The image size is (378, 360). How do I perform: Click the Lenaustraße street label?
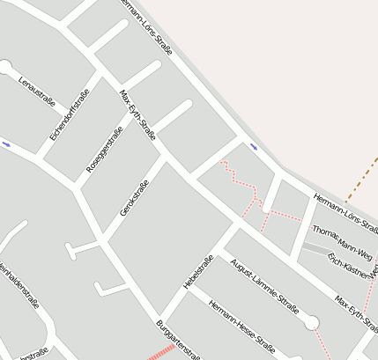[37, 92]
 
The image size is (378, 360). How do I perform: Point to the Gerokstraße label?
[134, 198]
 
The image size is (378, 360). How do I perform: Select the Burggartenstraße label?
[179, 339]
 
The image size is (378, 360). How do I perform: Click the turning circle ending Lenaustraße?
[5, 67]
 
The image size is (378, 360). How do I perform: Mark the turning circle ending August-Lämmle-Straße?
[311, 324]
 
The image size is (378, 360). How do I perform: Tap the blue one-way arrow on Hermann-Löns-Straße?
[254, 146]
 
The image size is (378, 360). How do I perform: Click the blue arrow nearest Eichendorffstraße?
[7, 143]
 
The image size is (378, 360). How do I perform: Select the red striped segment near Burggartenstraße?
[159, 354]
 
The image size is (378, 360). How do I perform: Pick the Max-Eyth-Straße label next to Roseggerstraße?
[137, 114]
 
